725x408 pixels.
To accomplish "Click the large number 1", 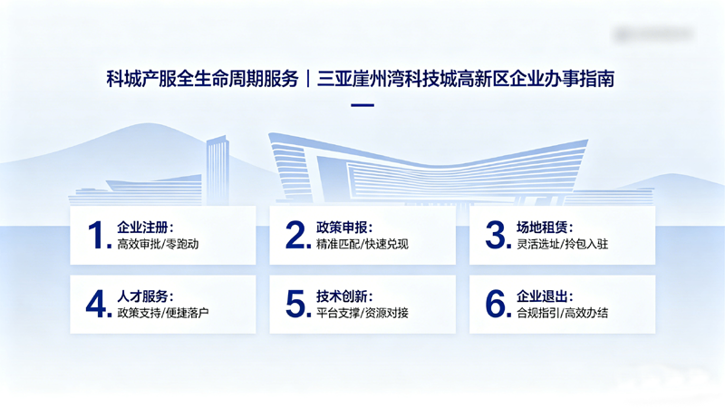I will coord(98,235).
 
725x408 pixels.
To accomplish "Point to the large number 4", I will coord(97,305).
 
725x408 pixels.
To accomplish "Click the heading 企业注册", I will coord(145,227).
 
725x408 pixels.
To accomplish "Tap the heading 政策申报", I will coord(344,227).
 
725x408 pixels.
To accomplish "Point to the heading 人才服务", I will coord(145,296).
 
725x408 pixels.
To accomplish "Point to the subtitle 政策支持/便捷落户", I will coord(169,314).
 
